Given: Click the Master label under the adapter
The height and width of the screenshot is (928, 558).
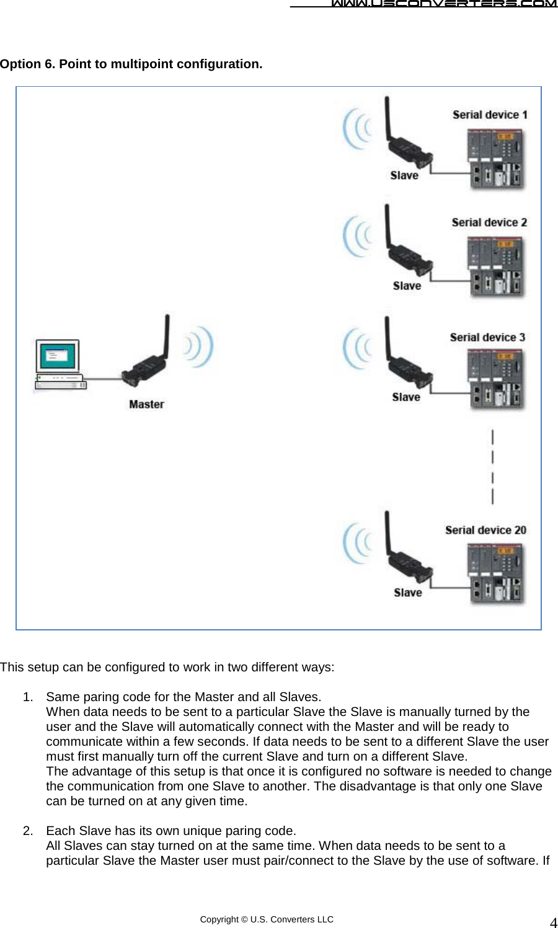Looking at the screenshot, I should coord(146,404).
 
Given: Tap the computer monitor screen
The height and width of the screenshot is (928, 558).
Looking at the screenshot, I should coord(58,356).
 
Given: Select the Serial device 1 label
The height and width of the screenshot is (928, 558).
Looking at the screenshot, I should coord(490,115).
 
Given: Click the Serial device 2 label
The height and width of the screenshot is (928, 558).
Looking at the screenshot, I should coord(489,223).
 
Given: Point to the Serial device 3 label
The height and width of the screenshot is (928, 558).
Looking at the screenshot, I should coord(487,337).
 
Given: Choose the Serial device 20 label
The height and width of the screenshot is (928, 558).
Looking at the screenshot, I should coord(485,530).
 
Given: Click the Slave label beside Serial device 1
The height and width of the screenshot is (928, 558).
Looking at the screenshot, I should coord(404,175).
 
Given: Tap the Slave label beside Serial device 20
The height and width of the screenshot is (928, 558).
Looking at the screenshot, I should coord(407,593).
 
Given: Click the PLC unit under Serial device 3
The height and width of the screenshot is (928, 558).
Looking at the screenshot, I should coord(496,379).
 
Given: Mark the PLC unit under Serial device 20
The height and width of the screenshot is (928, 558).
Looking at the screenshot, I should coord(496,573).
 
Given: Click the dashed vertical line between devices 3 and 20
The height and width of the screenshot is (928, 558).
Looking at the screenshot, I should coord(492,467).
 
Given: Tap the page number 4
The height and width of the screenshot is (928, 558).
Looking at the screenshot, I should coord(553,922).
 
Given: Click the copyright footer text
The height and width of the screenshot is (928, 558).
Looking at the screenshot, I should coord(267,919).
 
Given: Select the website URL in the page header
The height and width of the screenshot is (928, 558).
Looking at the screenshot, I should coord(443,4).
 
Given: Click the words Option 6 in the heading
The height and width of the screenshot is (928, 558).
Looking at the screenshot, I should coord(27,64).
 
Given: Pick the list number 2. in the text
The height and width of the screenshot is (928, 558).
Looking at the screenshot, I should coord(28,831).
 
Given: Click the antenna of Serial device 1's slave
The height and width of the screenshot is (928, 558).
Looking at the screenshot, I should coord(387,118).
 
